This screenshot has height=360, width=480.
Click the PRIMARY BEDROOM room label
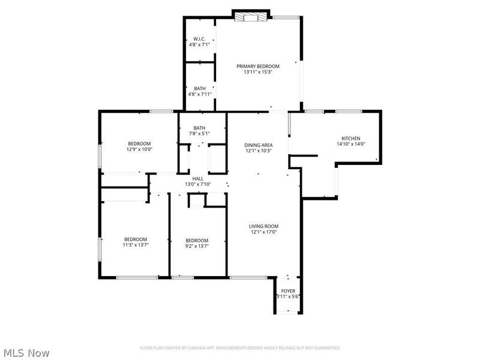click(258, 66)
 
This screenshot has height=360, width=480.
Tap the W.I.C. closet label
click(199, 38)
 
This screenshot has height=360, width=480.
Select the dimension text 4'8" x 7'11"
click(199, 94)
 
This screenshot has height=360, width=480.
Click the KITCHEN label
click(351, 138)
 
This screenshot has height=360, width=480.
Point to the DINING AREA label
click(258, 145)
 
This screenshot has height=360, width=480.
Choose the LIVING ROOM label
click(263, 226)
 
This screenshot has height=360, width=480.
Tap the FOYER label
click(288, 290)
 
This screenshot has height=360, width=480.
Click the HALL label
click(197, 179)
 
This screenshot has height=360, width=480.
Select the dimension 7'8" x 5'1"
click(199, 134)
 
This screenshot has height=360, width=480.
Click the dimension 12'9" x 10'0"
click(139, 149)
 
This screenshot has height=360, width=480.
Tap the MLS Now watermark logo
click(26, 353)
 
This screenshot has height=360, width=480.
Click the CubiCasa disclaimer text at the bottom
click(240, 348)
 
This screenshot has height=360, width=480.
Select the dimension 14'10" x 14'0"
click(351, 144)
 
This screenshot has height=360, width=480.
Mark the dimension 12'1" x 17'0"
click(263, 232)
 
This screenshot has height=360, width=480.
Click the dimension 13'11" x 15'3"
click(258, 72)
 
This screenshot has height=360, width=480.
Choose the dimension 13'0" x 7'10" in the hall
click(197, 184)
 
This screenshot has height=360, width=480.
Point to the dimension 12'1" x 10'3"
click(258, 151)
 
